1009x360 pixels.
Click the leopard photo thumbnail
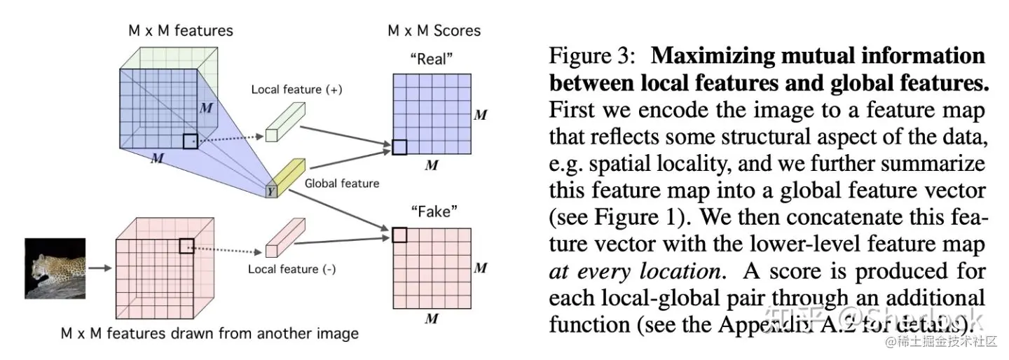coord(55,268)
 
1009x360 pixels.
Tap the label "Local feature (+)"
coord(297,90)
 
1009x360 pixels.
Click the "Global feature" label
coord(342,184)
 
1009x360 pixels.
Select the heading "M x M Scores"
coord(434,31)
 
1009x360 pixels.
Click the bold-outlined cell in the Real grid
coord(399,147)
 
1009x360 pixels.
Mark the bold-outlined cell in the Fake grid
coord(399,235)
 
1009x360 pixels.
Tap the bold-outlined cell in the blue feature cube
coord(190,141)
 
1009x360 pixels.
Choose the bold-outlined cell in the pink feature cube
coord(186,245)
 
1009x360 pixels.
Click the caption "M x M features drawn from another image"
coord(208,333)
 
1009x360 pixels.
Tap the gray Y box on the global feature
coord(271,191)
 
